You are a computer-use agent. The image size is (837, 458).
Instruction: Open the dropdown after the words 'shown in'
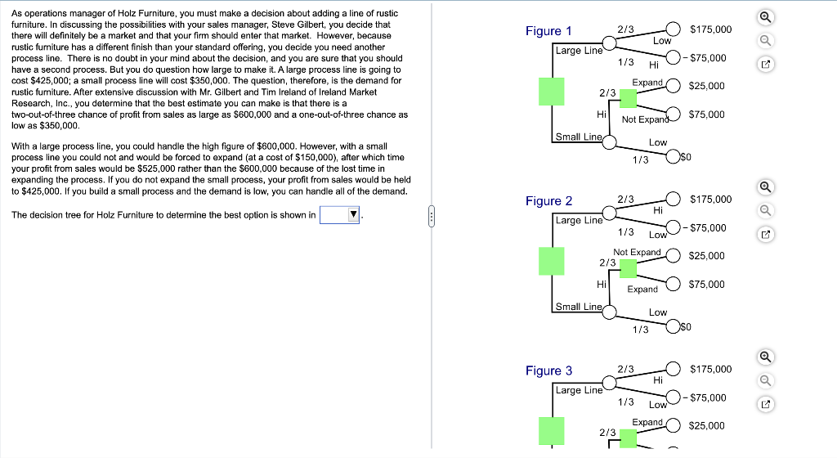[341, 215]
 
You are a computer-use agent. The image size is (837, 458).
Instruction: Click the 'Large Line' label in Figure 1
[579, 51]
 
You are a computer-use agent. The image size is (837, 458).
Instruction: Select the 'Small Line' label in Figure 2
[579, 307]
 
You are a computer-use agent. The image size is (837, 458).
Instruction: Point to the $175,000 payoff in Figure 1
[710, 29]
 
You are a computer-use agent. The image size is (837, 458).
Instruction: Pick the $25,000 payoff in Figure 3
[706, 426]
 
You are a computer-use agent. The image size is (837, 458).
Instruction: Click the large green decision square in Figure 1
[552, 91]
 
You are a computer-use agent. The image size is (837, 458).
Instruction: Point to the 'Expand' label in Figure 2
[642, 290]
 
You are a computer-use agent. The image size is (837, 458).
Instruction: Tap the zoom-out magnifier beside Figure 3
[766, 379]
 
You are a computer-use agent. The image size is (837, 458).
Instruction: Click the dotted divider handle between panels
[432, 218]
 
